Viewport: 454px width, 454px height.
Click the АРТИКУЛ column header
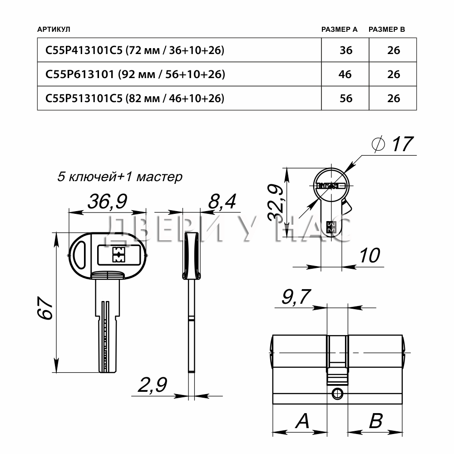(54, 29)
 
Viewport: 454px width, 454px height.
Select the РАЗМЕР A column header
(339, 29)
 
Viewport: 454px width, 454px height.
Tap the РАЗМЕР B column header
(387, 29)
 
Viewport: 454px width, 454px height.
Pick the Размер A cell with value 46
(345, 74)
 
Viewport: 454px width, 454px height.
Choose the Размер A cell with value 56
(346, 98)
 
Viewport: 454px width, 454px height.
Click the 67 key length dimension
(45, 307)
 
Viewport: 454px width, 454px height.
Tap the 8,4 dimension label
(222, 201)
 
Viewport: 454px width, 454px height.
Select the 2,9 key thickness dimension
(152, 385)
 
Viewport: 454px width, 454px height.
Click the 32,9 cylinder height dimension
(276, 202)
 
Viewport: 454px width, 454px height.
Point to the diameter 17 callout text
(392, 144)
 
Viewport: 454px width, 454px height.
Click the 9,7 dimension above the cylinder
(296, 296)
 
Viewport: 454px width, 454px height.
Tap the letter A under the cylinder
(302, 421)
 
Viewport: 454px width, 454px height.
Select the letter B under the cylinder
(376, 421)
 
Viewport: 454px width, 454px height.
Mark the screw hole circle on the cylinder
(337, 394)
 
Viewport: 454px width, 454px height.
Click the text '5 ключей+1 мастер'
(120, 176)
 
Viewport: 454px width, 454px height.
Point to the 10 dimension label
(370, 255)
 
